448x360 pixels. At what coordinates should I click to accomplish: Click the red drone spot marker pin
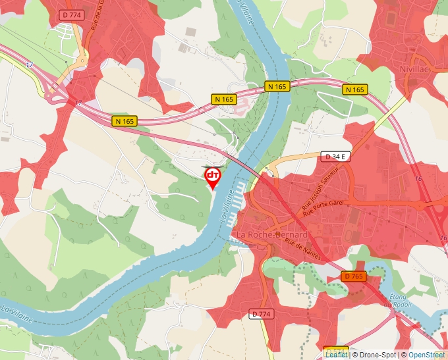click(x=213, y=176)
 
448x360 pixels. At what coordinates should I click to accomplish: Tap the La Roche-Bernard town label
click(x=272, y=235)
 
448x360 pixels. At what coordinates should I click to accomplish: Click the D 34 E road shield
click(x=336, y=157)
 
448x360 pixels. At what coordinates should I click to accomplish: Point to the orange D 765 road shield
click(x=354, y=277)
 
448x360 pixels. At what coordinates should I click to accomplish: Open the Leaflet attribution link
click(x=336, y=354)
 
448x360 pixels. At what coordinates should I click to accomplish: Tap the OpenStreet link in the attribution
click(x=428, y=354)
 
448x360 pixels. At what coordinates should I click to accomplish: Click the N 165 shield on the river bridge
click(x=277, y=86)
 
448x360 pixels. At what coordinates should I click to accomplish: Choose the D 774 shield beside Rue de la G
click(x=72, y=14)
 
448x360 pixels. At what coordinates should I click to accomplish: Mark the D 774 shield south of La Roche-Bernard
click(x=261, y=315)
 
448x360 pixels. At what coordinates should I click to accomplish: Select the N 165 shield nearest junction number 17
click(x=125, y=121)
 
